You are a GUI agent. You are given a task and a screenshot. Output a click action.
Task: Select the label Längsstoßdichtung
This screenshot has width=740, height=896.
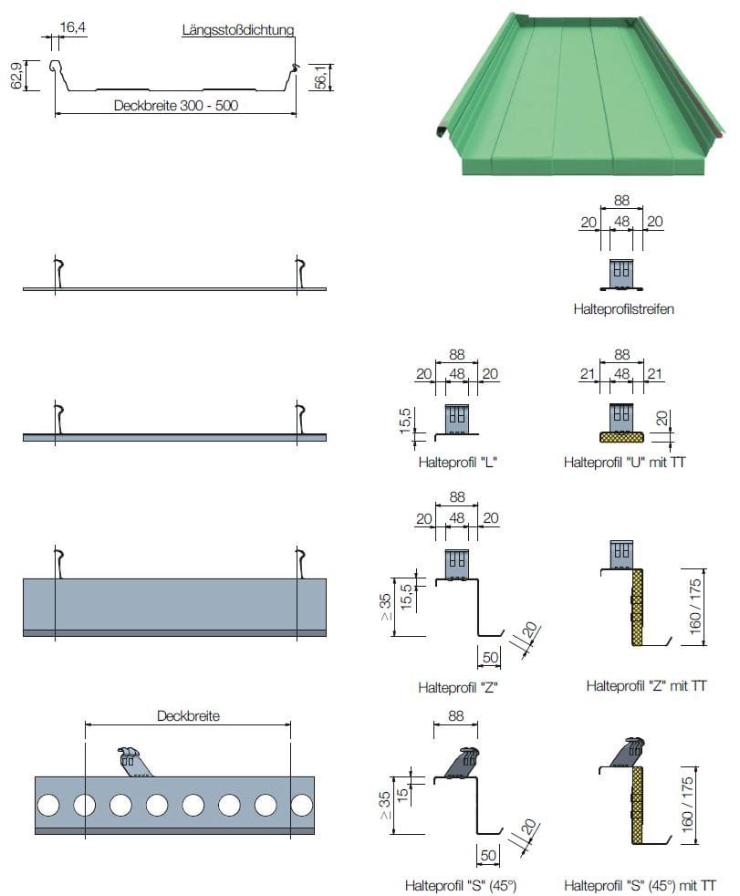[x=237, y=29]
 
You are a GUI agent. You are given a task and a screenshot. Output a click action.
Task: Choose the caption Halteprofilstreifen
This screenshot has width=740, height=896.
[x=624, y=309]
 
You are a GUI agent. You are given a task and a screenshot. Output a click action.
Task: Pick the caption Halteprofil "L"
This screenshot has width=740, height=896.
[x=456, y=462]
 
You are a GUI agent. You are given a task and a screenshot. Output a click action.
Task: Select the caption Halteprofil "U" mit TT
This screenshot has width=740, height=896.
[x=624, y=463]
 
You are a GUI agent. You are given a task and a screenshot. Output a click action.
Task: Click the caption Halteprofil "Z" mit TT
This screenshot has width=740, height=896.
[x=646, y=685]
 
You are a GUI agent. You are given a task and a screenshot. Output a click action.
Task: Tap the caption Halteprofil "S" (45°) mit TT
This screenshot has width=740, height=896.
[x=640, y=884]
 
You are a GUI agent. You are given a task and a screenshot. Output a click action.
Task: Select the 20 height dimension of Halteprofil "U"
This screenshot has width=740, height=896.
[x=662, y=420]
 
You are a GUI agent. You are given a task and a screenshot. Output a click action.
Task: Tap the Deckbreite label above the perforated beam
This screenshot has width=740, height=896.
[x=188, y=716]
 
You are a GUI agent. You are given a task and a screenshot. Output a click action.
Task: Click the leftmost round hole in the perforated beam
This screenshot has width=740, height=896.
[x=48, y=805]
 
